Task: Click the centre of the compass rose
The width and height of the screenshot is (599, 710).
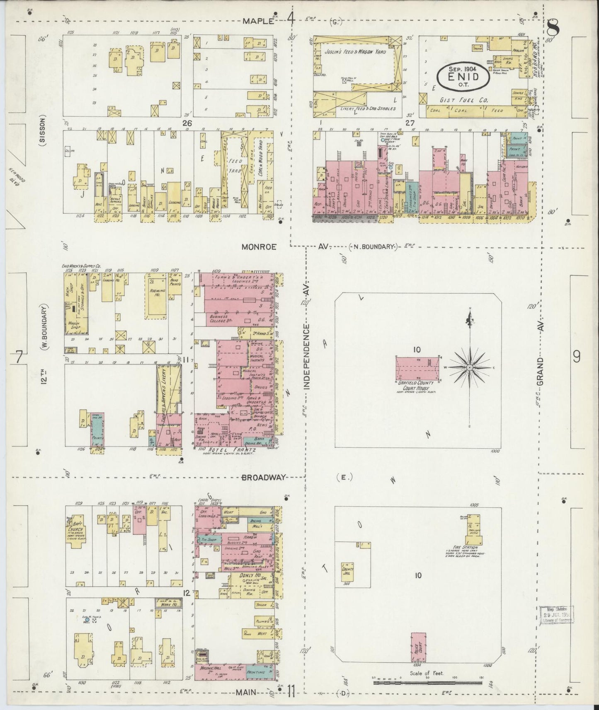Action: click(469, 368)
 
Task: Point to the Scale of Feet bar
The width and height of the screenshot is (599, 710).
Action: click(427, 681)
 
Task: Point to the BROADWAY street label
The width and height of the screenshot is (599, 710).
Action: click(264, 477)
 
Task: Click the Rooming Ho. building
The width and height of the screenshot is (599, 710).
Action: click(156, 298)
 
